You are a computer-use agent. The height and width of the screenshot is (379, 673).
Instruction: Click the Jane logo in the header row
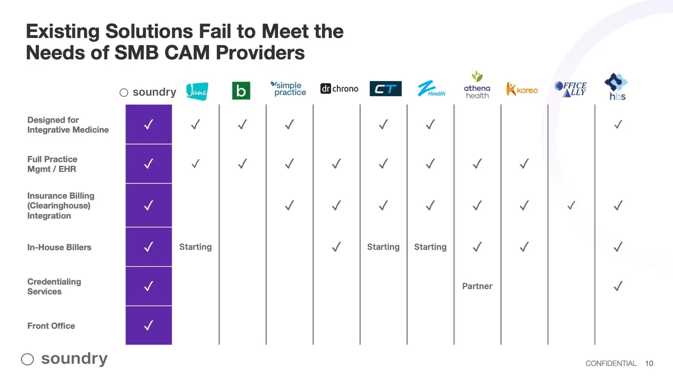[197, 91]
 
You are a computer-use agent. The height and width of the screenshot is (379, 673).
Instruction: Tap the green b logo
[241, 91]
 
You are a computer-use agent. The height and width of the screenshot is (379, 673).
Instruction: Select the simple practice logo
[288, 88]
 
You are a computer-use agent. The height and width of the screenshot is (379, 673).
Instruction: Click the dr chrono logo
[339, 88]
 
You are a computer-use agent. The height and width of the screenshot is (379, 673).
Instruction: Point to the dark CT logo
[385, 89]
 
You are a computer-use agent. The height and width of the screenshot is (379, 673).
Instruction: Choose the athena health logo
[477, 85]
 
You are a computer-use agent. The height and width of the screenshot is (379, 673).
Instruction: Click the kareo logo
[522, 89]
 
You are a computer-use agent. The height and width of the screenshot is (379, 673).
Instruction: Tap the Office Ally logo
[571, 88]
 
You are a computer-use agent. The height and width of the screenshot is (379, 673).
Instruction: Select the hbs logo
[616, 87]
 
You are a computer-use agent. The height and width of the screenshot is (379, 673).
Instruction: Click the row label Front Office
[51, 326]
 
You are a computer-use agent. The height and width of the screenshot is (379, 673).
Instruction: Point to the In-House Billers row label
[59, 247]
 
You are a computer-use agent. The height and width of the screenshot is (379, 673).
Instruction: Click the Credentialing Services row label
[54, 286]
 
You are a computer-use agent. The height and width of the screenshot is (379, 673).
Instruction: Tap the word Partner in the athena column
[477, 286]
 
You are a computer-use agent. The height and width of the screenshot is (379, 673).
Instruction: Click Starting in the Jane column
[195, 247]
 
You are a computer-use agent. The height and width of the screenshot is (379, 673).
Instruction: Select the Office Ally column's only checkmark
[571, 206]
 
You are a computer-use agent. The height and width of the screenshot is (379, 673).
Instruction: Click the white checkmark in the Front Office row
[149, 325]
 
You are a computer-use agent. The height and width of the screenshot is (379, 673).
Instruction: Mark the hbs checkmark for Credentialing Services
[618, 286]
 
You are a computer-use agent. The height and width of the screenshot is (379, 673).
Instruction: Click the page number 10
[649, 363]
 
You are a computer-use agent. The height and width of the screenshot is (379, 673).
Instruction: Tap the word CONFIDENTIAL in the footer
[611, 363]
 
